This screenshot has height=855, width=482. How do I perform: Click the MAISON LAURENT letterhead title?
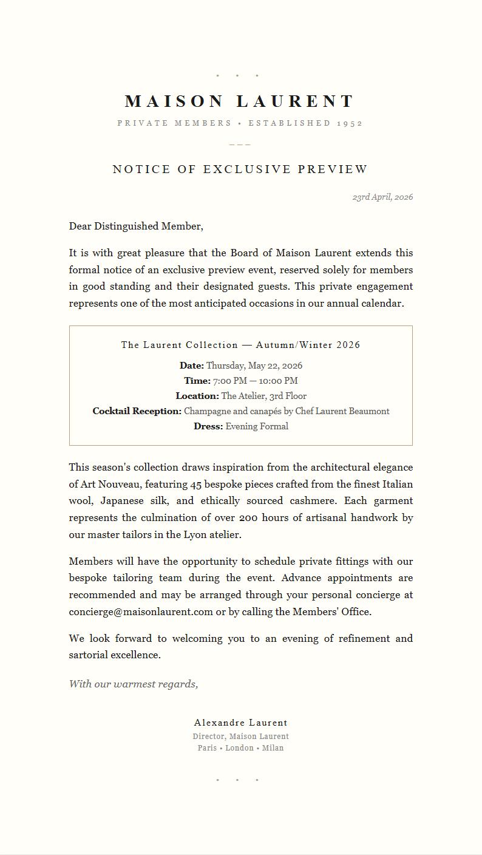pos(240,101)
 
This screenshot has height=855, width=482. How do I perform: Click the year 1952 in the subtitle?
pos(350,123)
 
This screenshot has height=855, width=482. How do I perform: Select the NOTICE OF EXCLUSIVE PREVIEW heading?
pos(240,169)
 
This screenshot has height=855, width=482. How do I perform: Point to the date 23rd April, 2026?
pos(382,197)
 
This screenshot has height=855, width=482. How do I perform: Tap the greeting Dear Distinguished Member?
pos(136,227)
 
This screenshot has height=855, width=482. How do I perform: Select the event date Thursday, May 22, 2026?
pos(254,366)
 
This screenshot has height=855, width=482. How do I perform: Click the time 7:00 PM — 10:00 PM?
pos(255,381)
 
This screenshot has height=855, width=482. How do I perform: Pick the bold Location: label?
pos(197,396)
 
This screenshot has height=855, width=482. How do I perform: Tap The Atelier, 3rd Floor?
pos(263,396)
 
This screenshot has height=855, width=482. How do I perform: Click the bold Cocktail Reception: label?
pos(137,411)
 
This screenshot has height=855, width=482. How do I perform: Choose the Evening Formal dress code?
pos(257,426)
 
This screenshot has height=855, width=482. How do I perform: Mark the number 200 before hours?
pos(249,518)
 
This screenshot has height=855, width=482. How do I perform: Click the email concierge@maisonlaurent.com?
pos(141,612)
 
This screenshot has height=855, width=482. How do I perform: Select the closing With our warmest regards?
pos(134,684)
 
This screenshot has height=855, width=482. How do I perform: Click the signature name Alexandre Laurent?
pos(240,723)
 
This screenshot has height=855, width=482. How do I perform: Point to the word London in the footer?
pos(239,748)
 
